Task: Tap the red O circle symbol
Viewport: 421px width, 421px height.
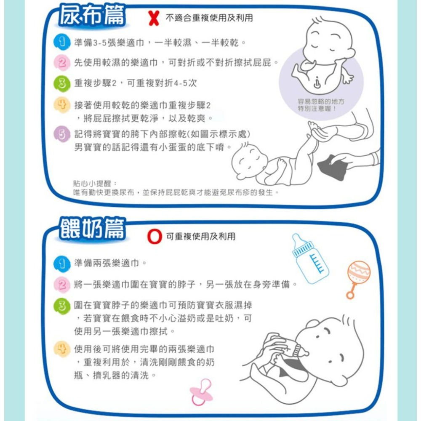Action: pyautogui.click(x=155, y=237)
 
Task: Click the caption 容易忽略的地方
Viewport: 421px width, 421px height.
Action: pyautogui.click(x=320, y=102)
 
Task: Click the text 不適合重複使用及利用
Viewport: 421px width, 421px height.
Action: pyautogui.click(x=210, y=18)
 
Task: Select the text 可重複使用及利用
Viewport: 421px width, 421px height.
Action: pyautogui.click(x=201, y=237)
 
